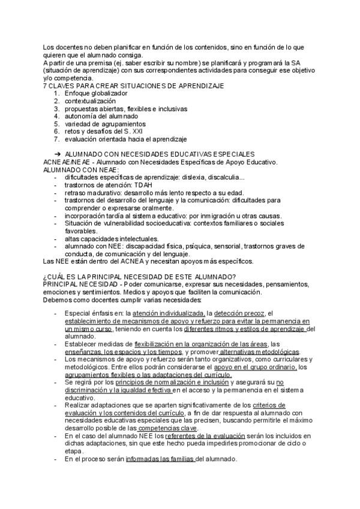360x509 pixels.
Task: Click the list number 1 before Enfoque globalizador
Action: (x=56, y=94)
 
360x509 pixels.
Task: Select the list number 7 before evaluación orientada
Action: (x=56, y=139)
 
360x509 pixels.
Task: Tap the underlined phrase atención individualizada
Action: (x=169, y=313)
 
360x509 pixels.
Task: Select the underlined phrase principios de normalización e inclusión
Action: (x=173, y=382)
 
